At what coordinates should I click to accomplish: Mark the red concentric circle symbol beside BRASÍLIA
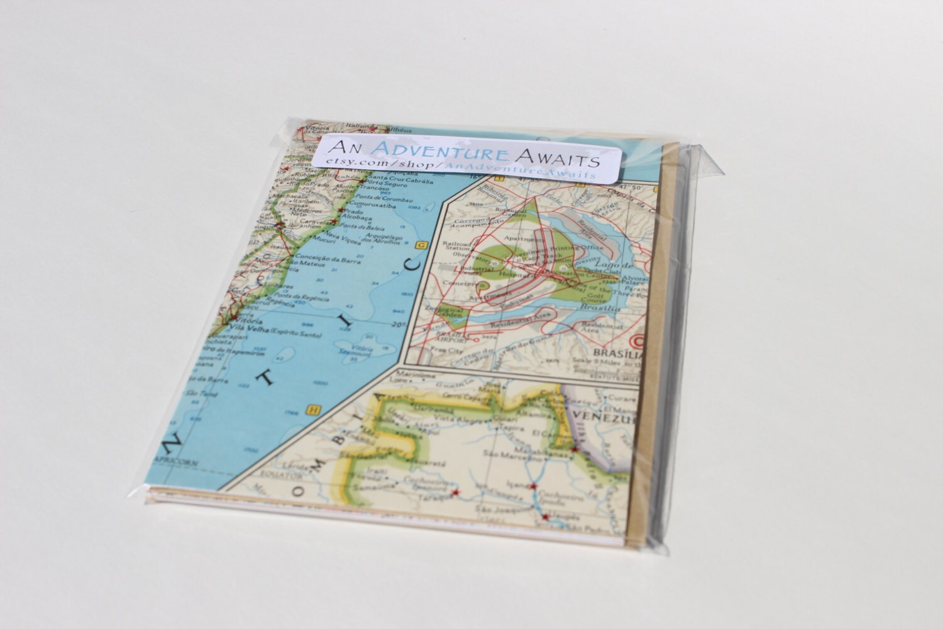(641, 342)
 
